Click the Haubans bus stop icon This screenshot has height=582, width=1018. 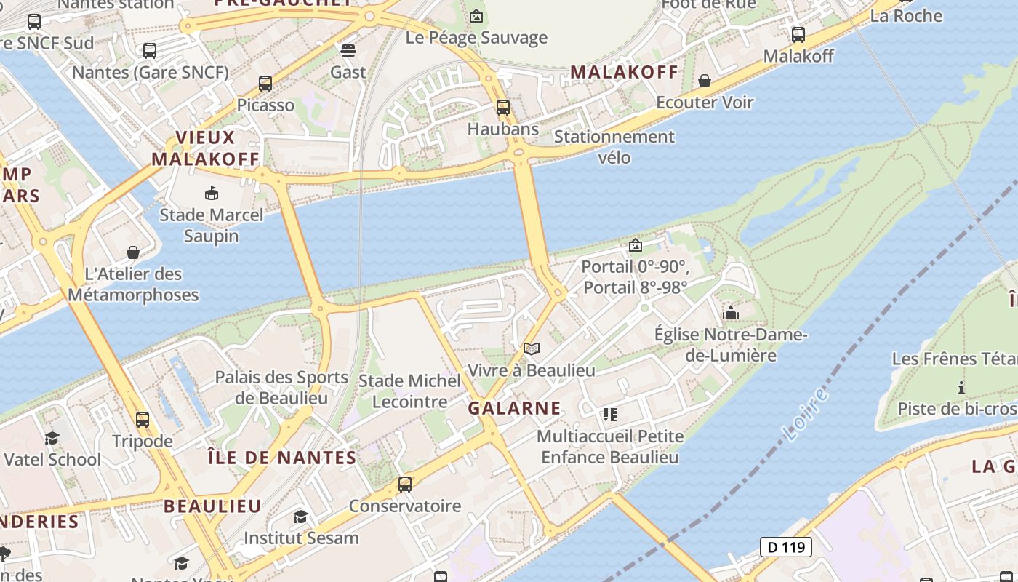(502, 108)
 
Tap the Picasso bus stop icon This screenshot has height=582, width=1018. (265, 84)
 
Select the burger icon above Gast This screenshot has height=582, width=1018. (348, 50)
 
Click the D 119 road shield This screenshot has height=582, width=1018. (785, 546)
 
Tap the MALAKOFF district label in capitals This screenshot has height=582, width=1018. (624, 72)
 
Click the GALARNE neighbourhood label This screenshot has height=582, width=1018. (514, 408)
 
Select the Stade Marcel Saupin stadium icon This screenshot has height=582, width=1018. (211, 193)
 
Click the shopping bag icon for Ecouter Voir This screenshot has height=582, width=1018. (704, 80)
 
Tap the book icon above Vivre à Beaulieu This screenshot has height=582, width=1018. (532, 348)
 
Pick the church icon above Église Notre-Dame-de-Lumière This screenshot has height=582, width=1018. (731, 314)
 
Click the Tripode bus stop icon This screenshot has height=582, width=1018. (143, 419)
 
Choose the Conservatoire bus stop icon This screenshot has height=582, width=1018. (405, 484)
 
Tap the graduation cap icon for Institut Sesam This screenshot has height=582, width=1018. (300, 517)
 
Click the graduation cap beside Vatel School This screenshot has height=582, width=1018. (52, 437)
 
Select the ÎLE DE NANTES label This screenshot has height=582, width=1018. (282, 458)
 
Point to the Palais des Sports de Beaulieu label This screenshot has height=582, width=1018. (281, 388)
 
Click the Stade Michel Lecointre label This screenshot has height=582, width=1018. (409, 391)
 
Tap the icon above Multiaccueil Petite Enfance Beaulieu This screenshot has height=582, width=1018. (609, 415)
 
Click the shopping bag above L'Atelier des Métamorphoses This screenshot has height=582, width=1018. (133, 252)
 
